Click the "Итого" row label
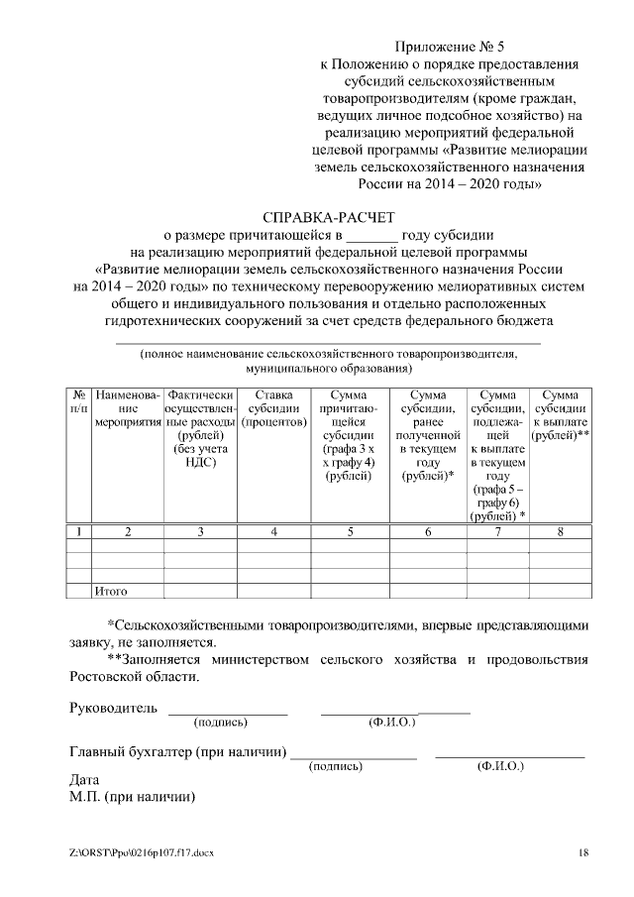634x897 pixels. pos(111,591)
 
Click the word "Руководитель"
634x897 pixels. pos(113,709)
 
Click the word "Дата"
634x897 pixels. pos(85,779)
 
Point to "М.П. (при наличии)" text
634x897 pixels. pos(133,796)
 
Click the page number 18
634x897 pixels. pos(583,852)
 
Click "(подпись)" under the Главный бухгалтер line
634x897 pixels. pos(336,767)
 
